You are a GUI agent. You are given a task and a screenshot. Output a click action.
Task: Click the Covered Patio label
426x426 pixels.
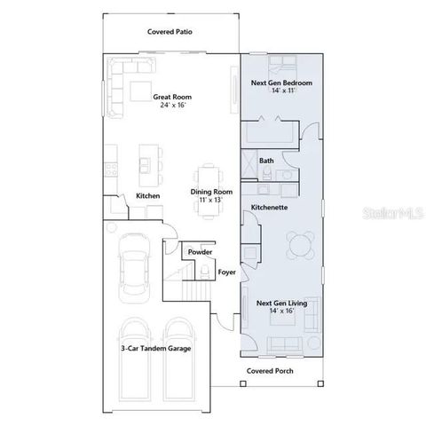pos(170,31)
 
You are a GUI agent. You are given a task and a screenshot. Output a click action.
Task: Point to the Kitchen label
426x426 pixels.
pos(146,196)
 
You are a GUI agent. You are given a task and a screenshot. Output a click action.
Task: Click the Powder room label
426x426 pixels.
pos(200,252)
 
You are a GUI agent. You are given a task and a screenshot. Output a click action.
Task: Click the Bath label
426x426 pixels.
pos(266,161)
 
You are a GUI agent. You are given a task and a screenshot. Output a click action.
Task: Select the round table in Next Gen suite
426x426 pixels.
pos(301,242)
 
